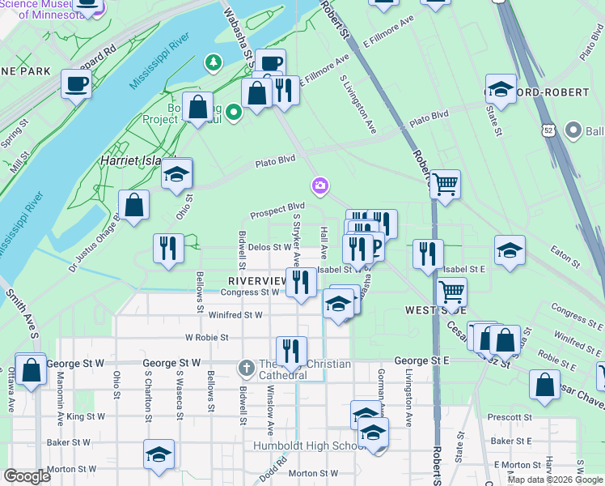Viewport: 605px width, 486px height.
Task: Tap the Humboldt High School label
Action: click(x=322, y=446)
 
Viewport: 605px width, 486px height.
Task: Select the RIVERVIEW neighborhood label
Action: click(x=252, y=280)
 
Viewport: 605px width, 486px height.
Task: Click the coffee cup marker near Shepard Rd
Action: click(x=77, y=84)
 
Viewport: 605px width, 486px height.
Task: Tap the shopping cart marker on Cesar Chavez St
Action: click(x=451, y=292)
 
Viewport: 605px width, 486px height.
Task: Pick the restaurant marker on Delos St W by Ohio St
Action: click(x=167, y=249)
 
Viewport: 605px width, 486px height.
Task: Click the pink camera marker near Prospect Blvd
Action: click(x=321, y=188)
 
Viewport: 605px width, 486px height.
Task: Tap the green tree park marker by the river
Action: click(x=213, y=62)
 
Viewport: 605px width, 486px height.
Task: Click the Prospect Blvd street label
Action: click(x=277, y=210)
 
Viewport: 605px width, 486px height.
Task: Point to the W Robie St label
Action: click(x=207, y=337)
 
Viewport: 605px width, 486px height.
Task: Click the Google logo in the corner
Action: click(x=27, y=476)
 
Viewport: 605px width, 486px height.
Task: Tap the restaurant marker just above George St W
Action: click(x=291, y=351)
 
